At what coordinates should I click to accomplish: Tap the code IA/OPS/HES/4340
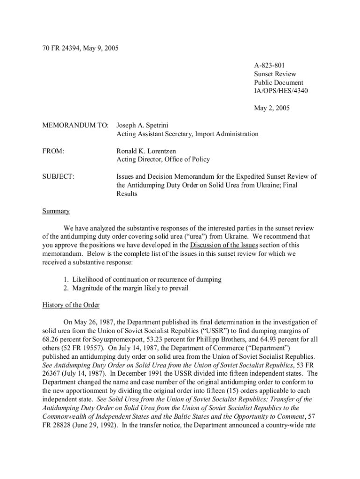[x=281, y=91]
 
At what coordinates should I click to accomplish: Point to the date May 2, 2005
[x=272, y=108]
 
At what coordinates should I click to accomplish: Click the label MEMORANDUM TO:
[x=75, y=125]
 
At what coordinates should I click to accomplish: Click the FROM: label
[x=52, y=151]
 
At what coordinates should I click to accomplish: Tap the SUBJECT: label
[x=58, y=177]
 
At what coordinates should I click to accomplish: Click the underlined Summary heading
[x=56, y=211]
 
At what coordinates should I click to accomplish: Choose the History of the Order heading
[x=71, y=305]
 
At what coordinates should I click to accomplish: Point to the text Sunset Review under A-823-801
[x=275, y=74]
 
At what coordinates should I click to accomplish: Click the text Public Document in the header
[x=278, y=82]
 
